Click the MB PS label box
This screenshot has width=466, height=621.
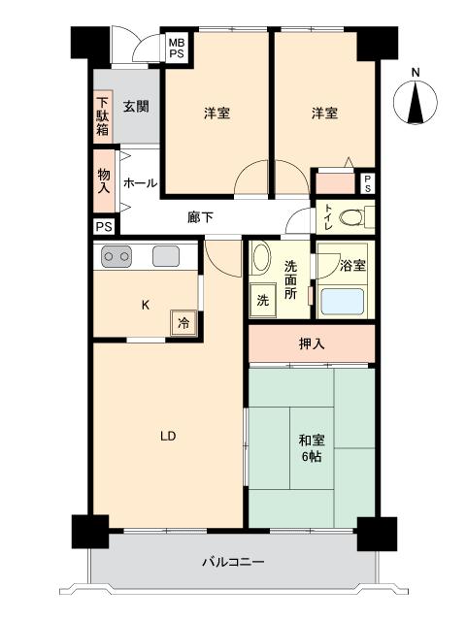(x=177, y=48)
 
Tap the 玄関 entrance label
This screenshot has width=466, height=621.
(x=136, y=106)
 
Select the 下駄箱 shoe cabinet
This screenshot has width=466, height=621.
(x=103, y=116)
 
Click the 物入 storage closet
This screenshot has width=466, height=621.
(x=104, y=180)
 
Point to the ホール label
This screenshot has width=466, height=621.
(x=140, y=183)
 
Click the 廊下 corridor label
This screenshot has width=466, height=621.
(x=201, y=217)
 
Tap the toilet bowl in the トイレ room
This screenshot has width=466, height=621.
(x=351, y=217)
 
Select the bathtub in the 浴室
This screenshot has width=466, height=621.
(x=342, y=302)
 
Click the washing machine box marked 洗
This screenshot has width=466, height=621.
(x=263, y=300)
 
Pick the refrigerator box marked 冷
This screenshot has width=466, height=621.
(x=183, y=323)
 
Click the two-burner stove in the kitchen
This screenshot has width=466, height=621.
(x=116, y=256)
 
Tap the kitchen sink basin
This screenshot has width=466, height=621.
(x=166, y=256)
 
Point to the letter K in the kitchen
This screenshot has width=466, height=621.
(x=146, y=305)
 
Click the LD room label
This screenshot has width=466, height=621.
(x=168, y=436)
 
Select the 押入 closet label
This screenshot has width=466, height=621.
(x=312, y=343)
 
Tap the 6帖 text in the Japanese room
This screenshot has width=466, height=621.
(x=312, y=457)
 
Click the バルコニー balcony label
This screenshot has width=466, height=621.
(x=233, y=562)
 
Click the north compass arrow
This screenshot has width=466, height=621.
(x=416, y=102)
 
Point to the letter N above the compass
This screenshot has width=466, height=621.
(x=416, y=73)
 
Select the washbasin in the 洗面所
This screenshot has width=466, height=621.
(x=261, y=257)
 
